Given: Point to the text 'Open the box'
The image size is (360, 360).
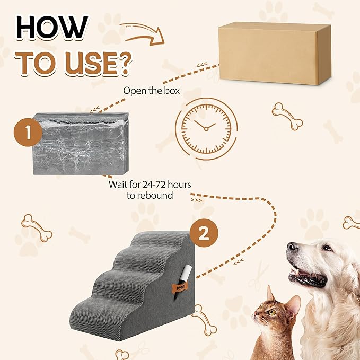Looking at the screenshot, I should coord(151,91).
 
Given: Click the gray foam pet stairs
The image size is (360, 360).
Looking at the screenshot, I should coord(138,281).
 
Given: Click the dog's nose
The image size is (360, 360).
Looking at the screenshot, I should coord(292,248).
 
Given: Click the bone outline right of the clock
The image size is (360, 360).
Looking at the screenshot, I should coord(287,116).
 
